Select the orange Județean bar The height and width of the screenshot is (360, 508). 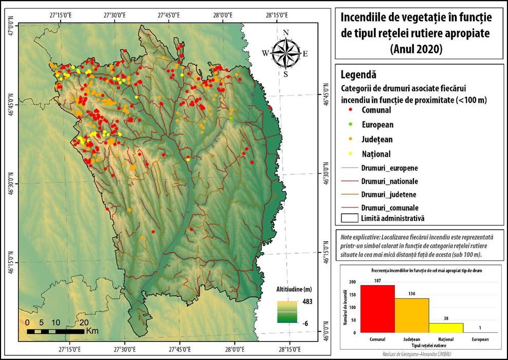[x=411, y=315]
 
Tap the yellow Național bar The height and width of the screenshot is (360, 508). [x=446, y=328]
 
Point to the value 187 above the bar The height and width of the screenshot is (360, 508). [x=377, y=281]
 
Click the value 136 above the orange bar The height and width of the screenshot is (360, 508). [x=411, y=294]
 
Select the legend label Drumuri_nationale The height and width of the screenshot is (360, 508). [x=389, y=181]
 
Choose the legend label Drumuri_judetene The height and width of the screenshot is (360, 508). [x=389, y=194]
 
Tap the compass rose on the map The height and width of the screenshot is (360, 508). [x=286, y=53]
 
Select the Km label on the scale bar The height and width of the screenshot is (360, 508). [x=93, y=330]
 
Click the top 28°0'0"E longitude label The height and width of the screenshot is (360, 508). [x=223, y=14]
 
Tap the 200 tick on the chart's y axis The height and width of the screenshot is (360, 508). [x=352, y=282]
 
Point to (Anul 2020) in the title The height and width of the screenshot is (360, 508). [x=416, y=49]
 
